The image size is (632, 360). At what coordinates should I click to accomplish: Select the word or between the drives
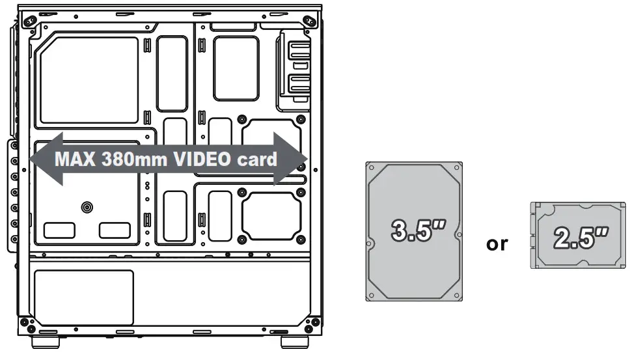(x=498, y=245)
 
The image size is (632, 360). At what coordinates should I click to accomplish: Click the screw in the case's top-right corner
(x=310, y=20)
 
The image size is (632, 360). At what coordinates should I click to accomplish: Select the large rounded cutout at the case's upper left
(x=89, y=79)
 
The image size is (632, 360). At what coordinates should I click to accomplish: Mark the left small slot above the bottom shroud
(x=59, y=230)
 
